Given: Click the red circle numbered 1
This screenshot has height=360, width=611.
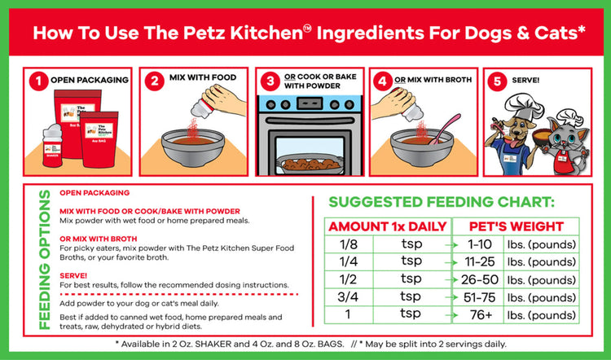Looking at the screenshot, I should click(x=37, y=80).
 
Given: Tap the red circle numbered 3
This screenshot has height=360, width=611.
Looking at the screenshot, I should click(x=269, y=80).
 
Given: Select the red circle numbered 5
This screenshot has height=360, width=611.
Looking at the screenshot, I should click(x=499, y=80).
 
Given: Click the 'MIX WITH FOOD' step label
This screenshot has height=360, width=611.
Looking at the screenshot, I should click(x=202, y=77).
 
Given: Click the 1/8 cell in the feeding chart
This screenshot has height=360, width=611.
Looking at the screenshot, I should click(x=347, y=244).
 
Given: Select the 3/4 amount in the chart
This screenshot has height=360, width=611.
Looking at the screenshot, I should click(x=347, y=297).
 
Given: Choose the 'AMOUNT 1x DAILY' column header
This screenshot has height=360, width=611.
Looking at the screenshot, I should click(x=386, y=226).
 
